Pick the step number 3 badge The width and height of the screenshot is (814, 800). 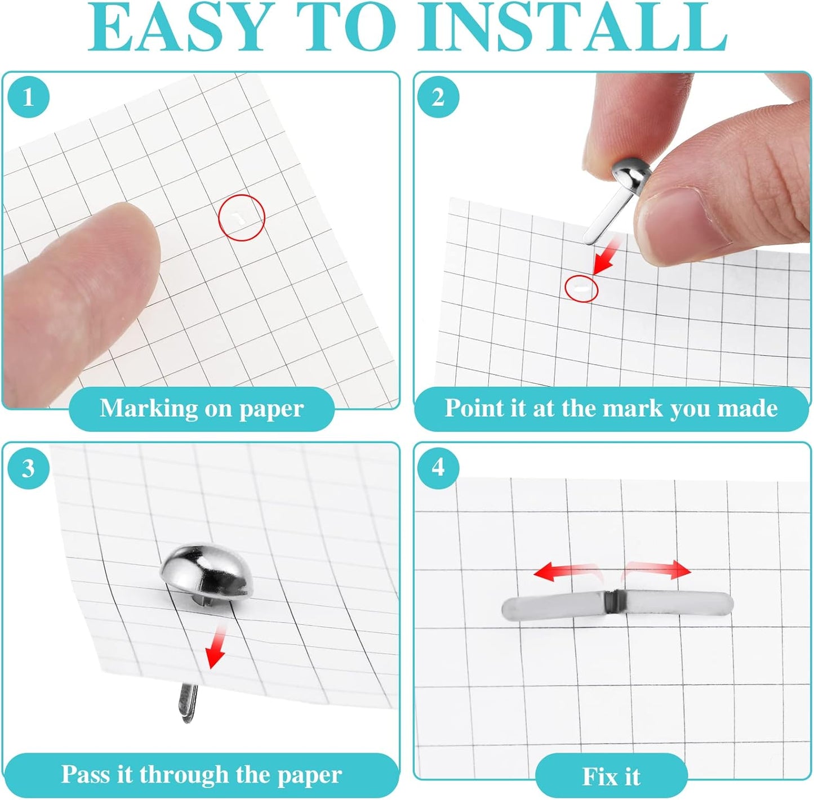28,468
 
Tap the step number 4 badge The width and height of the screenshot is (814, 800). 438,468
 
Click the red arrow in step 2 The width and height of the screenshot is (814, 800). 607,256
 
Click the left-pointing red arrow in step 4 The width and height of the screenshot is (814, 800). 567,571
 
